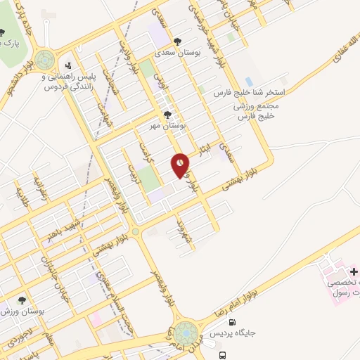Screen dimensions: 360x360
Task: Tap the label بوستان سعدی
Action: point(181,52)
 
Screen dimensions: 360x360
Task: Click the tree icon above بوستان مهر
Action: point(167,115)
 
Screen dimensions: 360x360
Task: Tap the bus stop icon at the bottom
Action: point(222,356)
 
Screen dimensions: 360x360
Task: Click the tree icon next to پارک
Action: point(2,32)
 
